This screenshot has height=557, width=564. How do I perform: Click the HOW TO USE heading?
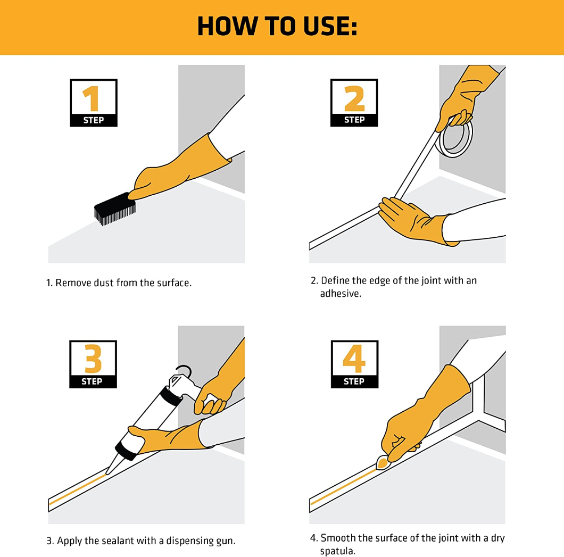point(277,26)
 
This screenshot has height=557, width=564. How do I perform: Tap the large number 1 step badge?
point(93,103)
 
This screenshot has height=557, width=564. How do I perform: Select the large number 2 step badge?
point(354,102)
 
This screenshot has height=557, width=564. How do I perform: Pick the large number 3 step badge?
point(93,364)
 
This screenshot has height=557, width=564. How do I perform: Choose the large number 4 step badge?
point(354,364)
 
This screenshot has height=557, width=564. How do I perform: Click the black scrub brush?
point(114,207)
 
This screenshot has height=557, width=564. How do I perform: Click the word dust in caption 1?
point(103,283)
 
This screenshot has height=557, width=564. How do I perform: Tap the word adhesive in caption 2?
point(340,293)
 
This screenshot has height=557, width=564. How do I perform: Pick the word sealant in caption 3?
point(114,541)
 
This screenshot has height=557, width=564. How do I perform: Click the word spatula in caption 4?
point(337,551)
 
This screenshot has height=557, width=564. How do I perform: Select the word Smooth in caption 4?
point(338,538)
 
